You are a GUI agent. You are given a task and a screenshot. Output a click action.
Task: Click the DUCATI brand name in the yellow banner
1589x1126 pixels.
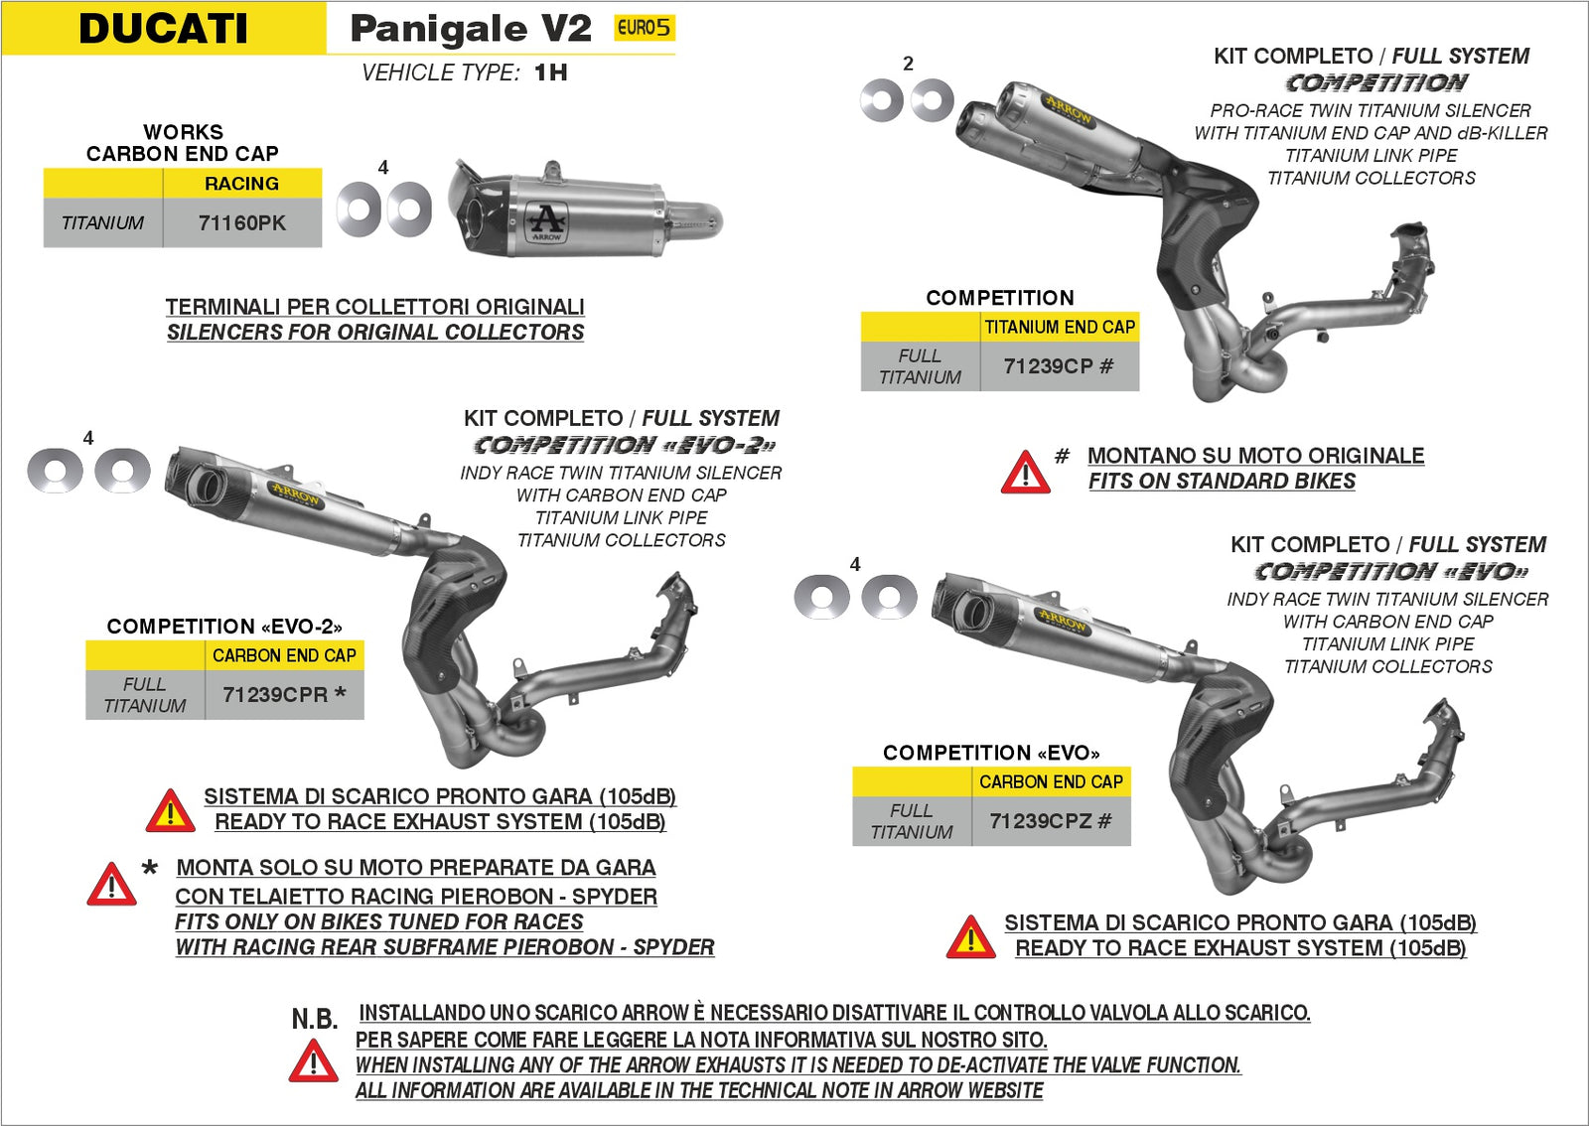(x=163, y=28)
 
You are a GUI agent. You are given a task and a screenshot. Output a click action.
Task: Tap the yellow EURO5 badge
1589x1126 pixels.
(x=644, y=28)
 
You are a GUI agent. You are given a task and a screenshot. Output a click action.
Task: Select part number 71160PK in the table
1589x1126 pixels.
(x=242, y=223)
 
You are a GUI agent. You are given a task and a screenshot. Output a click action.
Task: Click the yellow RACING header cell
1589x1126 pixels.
(x=242, y=184)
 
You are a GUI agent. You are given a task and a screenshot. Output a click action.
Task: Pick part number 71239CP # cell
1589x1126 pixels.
(x=1059, y=366)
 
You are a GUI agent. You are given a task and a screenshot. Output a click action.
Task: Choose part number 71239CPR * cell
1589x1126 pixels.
(x=284, y=695)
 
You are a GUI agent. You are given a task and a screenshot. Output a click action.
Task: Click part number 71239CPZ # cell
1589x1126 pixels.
(x=1051, y=821)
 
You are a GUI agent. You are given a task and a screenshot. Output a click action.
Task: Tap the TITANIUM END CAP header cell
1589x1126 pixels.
(x=1060, y=327)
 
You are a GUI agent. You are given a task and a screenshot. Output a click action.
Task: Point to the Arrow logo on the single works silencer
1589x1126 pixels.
(x=546, y=221)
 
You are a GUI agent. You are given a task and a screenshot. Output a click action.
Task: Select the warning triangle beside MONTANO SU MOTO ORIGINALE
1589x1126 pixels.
(x=1025, y=473)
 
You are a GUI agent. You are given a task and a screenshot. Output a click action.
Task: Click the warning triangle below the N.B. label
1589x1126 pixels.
(x=313, y=1061)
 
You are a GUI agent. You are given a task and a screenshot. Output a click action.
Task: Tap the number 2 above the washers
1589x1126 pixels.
(x=908, y=64)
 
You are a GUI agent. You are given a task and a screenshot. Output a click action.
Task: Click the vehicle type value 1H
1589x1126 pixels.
(x=551, y=72)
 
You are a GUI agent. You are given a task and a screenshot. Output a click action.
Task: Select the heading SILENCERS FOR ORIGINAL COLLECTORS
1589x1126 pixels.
(x=375, y=333)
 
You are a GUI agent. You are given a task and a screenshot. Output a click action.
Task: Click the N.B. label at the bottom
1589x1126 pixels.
(x=314, y=1019)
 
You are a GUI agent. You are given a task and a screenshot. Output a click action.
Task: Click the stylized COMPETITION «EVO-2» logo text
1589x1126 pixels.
(x=624, y=445)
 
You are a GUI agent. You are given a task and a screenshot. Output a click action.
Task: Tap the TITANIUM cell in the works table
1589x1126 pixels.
(x=102, y=223)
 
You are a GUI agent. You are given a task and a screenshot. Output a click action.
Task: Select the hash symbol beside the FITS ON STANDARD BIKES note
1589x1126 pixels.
(x=1062, y=456)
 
